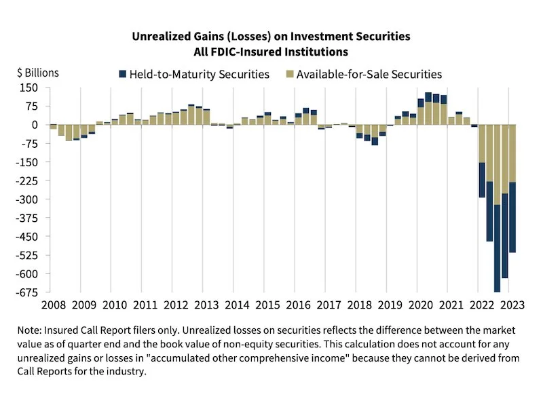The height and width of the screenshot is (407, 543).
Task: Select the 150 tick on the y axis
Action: point(27,88)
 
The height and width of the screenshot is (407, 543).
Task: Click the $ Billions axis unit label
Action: point(38,72)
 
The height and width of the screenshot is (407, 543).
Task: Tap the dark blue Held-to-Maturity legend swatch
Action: point(123,74)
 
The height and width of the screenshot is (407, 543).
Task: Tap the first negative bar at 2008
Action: point(53,127)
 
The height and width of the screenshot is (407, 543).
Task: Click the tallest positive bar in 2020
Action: point(428,109)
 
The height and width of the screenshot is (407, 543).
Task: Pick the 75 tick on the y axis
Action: point(30,106)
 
